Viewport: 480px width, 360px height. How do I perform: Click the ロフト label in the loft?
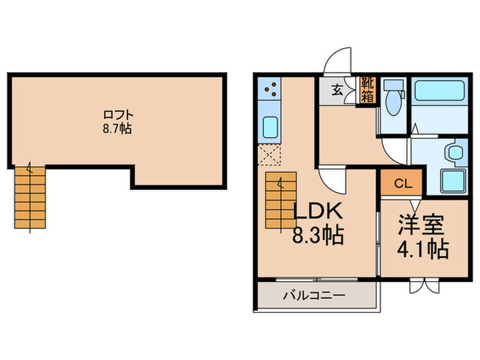(x=117, y=115)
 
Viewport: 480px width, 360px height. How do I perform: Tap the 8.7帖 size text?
(x=117, y=128)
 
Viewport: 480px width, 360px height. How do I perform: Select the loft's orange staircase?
(x=29, y=197)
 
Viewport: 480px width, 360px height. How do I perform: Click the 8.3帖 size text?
(x=318, y=237)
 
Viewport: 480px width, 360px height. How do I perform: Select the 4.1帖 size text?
(x=423, y=248)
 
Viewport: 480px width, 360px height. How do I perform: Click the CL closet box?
(x=404, y=184)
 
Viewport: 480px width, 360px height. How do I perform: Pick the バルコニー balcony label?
(x=315, y=296)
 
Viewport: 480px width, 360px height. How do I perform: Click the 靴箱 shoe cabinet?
(x=368, y=90)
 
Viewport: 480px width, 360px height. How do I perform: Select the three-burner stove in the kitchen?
(x=270, y=89)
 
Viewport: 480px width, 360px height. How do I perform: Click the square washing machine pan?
(x=452, y=181)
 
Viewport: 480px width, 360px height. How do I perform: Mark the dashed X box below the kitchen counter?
(x=270, y=155)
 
